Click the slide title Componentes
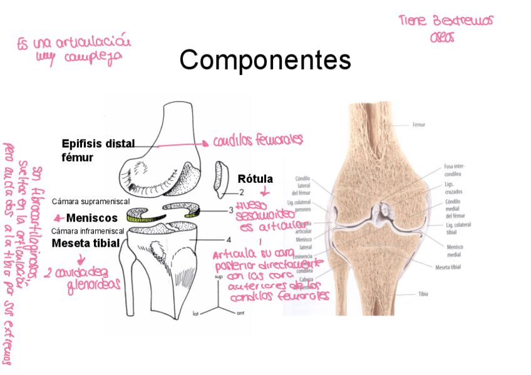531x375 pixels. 265,61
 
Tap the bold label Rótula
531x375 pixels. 255,179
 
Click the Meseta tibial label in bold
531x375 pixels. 85,243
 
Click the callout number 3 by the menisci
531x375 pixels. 230,210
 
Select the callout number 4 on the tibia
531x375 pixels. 229,239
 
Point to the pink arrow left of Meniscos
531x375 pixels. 58,218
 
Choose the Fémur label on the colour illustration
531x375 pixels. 419,125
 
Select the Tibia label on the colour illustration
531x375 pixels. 419,294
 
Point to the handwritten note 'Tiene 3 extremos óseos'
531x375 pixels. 445,28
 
